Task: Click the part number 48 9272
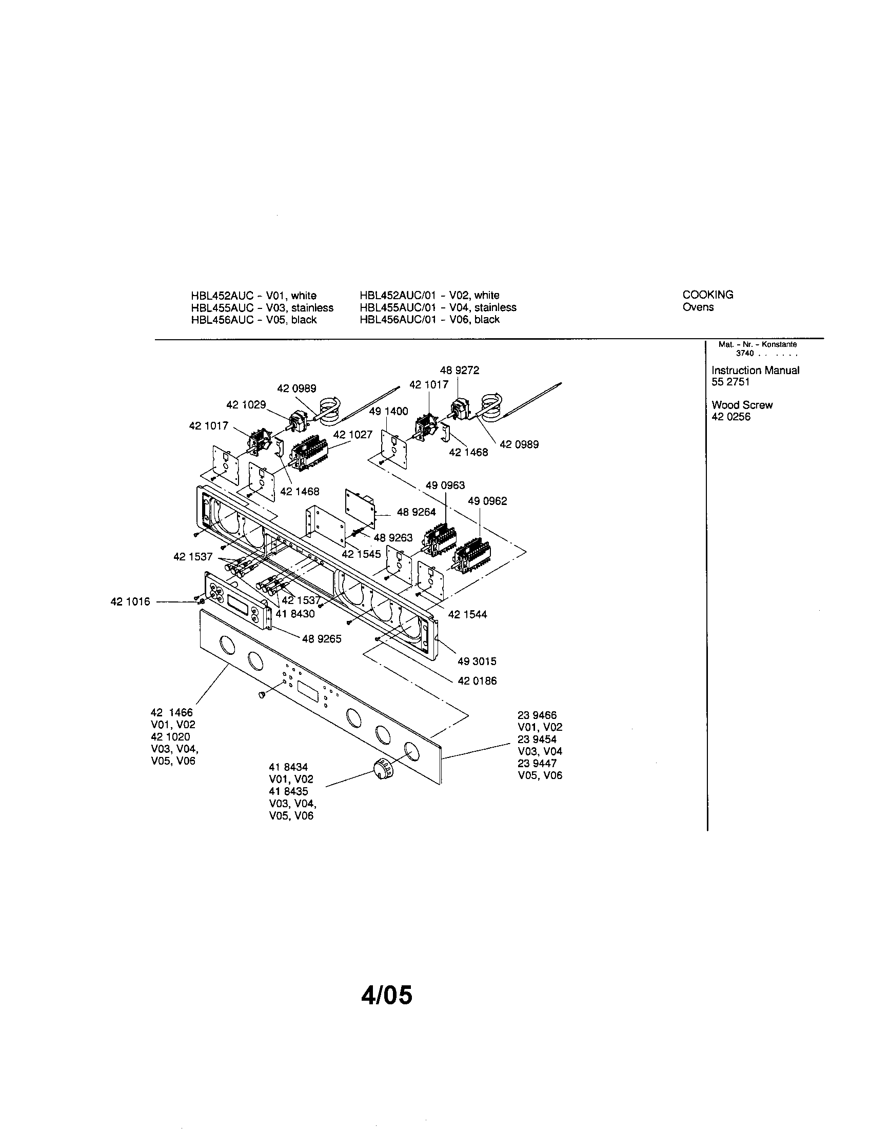point(459,370)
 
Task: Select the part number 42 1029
point(246,404)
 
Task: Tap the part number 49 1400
point(388,411)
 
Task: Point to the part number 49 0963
point(445,485)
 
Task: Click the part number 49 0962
point(487,501)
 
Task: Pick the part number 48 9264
point(416,512)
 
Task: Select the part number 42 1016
point(130,601)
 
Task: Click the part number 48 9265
point(321,638)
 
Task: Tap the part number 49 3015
point(477,660)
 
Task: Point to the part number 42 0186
point(477,680)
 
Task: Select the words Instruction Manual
point(755,370)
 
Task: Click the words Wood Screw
point(742,405)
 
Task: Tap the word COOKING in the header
point(707,295)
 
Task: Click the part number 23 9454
point(537,739)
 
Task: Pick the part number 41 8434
point(288,767)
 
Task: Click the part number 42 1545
point(361,554)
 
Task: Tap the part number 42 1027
point(352,434)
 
